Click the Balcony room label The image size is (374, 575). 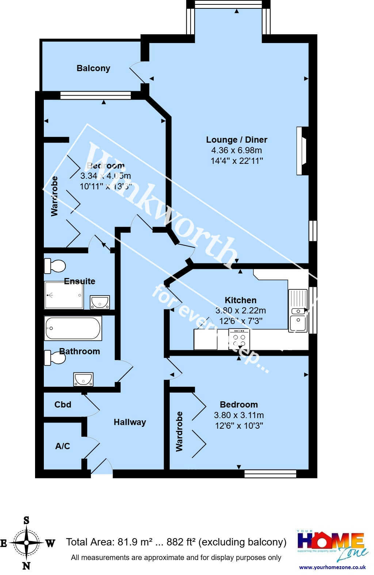click(x=93, y=68)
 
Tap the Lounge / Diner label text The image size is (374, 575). click(x=236, y=140)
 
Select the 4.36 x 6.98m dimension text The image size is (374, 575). click(x=236, y=150)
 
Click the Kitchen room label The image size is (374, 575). click(x=240, y=300)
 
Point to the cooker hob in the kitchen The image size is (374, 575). click(x=239, y=340)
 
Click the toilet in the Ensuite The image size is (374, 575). click(x=54, y=266)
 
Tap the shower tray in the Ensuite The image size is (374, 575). click(x=64, y=295)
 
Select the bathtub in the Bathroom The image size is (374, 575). click(x=73, y=328)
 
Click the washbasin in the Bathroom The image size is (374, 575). click(x=83, y=379)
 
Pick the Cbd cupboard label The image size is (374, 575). click(x=63, y=405)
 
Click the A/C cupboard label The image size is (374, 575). click(x=62, y=446)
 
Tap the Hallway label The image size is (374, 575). click(x=130, y=422)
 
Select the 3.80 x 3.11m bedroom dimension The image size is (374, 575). click(x=239, y=415)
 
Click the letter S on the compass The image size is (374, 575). click(x=26, y=521)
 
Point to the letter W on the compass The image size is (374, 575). click(x=50, y=544)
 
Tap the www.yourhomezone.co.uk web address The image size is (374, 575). click(x=332, y=567)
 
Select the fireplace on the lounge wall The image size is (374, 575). click(x=303, y=151)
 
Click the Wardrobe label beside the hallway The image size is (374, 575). click(x=179, y=432)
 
